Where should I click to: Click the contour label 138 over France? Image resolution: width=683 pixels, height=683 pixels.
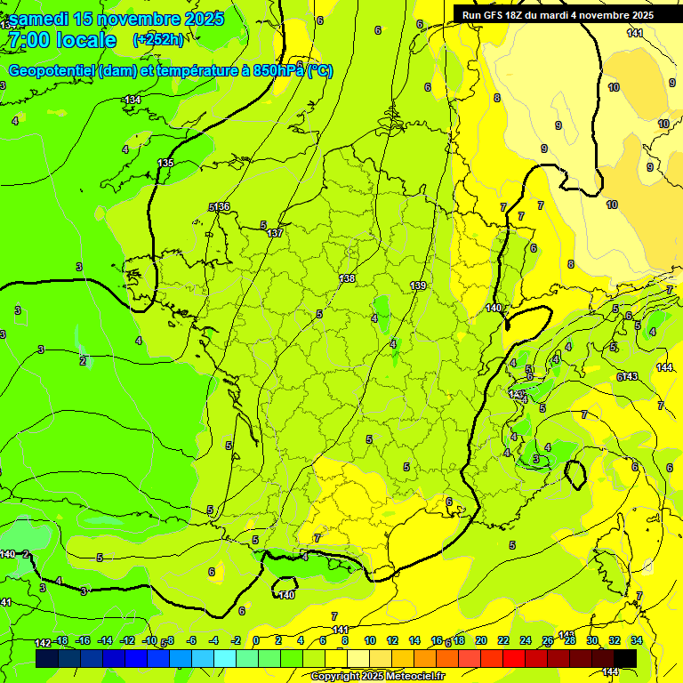click(x=347, y=278)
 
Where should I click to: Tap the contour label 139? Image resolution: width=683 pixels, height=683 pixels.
click(x=418, y=285)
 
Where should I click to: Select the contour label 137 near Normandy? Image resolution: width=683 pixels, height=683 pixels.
click(x=275, y=233)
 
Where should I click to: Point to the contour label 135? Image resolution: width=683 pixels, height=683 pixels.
click(x=165, y=163)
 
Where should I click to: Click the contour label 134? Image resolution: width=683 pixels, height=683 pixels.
click(x=133, y=100)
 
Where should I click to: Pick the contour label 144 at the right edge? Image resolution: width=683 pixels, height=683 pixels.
click(x=663, y=367)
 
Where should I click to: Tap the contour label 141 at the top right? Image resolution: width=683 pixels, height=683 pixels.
click(x=634, y=33)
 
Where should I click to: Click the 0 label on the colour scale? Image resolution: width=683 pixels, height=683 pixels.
click(x=255, y=640)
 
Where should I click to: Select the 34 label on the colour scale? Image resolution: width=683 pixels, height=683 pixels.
click(x=636, y=640)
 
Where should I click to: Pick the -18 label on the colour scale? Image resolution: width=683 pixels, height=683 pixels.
click(x=61, y=640)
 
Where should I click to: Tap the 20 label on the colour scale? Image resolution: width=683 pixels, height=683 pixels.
click(x=480, y=640)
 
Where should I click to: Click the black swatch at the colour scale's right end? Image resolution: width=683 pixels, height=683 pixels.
click(x=624, y=658)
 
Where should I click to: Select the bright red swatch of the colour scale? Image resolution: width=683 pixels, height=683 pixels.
click(x=513, y=658)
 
